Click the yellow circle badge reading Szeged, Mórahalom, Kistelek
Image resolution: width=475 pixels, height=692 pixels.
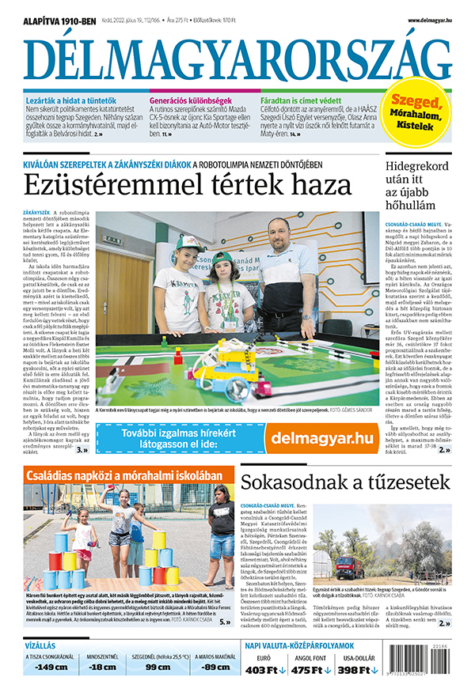click(420, 115)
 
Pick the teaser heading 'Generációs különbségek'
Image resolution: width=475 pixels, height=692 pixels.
click(192, 102)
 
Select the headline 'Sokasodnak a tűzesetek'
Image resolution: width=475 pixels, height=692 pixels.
click(345, 482)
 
